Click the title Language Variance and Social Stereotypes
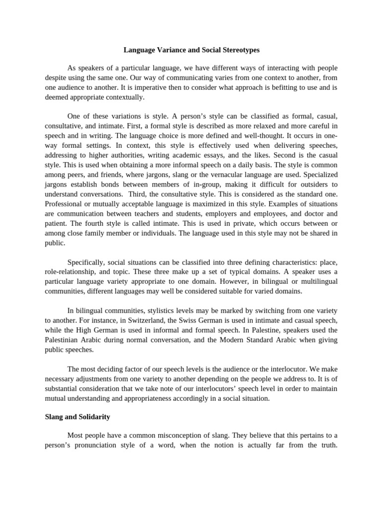coord(191,50)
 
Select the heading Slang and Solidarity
coord(77,417)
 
